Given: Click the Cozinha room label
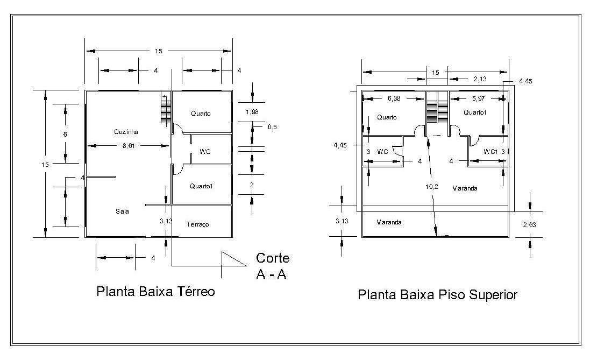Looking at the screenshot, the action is click(x=126, y=132).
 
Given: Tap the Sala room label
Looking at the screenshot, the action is click(x=122, y=211).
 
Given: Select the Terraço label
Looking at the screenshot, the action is click(x=197, y=224).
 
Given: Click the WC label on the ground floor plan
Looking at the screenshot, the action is click(x=205, y=152).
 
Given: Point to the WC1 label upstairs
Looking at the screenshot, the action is click(x=491, y=152).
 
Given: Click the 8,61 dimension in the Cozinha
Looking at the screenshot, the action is click(x=129, y=145).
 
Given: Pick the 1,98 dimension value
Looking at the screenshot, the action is click(x=252, y=112).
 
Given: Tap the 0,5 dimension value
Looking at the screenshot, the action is click(x=272, y=127).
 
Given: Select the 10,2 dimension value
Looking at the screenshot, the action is click(x=432, y=187).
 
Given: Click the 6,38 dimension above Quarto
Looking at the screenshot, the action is click(x=394, y=98).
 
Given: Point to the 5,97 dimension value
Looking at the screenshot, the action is click(x=479, y=98).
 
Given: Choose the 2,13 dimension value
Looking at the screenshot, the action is click(x=480, y=79).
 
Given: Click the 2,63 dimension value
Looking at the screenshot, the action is click(x=529, y=225).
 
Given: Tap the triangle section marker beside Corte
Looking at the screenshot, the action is click(x=233, y=259).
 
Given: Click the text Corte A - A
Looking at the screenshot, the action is click(x=272, y=266).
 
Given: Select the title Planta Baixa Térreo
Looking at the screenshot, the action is click(x=156, y=292).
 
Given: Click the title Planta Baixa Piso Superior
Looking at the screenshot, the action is click(x=437, y=294).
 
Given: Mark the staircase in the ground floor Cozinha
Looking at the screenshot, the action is click(x=165, y=109).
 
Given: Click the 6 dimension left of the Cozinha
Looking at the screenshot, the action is click(x=65, y=134).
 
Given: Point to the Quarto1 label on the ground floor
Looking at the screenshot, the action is click(x=201, y=186).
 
